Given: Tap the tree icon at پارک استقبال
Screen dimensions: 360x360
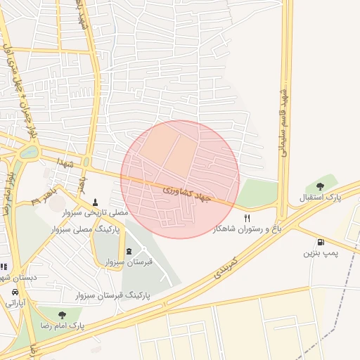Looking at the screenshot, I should [320, 186].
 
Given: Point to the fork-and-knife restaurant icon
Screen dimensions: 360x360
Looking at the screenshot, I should [247, 219].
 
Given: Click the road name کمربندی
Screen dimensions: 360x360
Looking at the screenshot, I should [224, 269].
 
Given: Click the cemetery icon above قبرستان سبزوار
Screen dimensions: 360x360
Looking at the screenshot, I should [128, 251].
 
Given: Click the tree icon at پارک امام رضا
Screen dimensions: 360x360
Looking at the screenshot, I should [62, 315].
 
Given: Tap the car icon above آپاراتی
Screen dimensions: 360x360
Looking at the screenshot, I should [15, 292].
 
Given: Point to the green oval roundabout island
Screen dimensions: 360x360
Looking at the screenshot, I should [29, 151].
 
